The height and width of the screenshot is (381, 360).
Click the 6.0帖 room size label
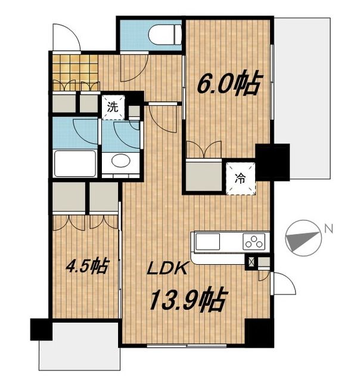tap(229, 83)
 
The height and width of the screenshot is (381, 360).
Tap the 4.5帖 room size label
tap(87, 266)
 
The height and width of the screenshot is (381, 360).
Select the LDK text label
tap(169, 268)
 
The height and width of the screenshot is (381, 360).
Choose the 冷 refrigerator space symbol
tap(240, 177)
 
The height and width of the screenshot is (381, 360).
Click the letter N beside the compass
tap(328, 228)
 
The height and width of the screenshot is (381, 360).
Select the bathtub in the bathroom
tap(75, 163)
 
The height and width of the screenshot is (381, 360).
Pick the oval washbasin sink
tap(120, 161)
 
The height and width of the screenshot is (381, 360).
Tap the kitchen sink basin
tap(206, 242)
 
